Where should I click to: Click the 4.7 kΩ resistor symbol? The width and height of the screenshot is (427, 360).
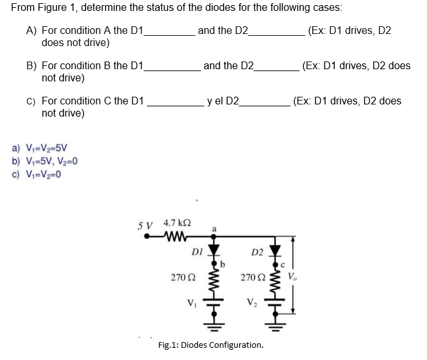point(174,235)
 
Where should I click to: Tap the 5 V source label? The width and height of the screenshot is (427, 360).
point(147,225)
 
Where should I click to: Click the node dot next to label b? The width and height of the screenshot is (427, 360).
point(215,261)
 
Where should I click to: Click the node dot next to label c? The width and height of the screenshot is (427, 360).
point(276,261)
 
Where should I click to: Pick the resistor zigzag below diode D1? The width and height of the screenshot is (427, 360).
point(215,281)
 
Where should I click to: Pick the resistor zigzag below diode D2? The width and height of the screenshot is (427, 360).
point(276,281)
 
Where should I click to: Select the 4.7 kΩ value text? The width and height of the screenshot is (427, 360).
point(174,224)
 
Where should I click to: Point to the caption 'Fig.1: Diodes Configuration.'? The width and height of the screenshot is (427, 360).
point(210,345)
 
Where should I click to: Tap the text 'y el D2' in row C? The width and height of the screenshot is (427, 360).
point(222,101)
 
